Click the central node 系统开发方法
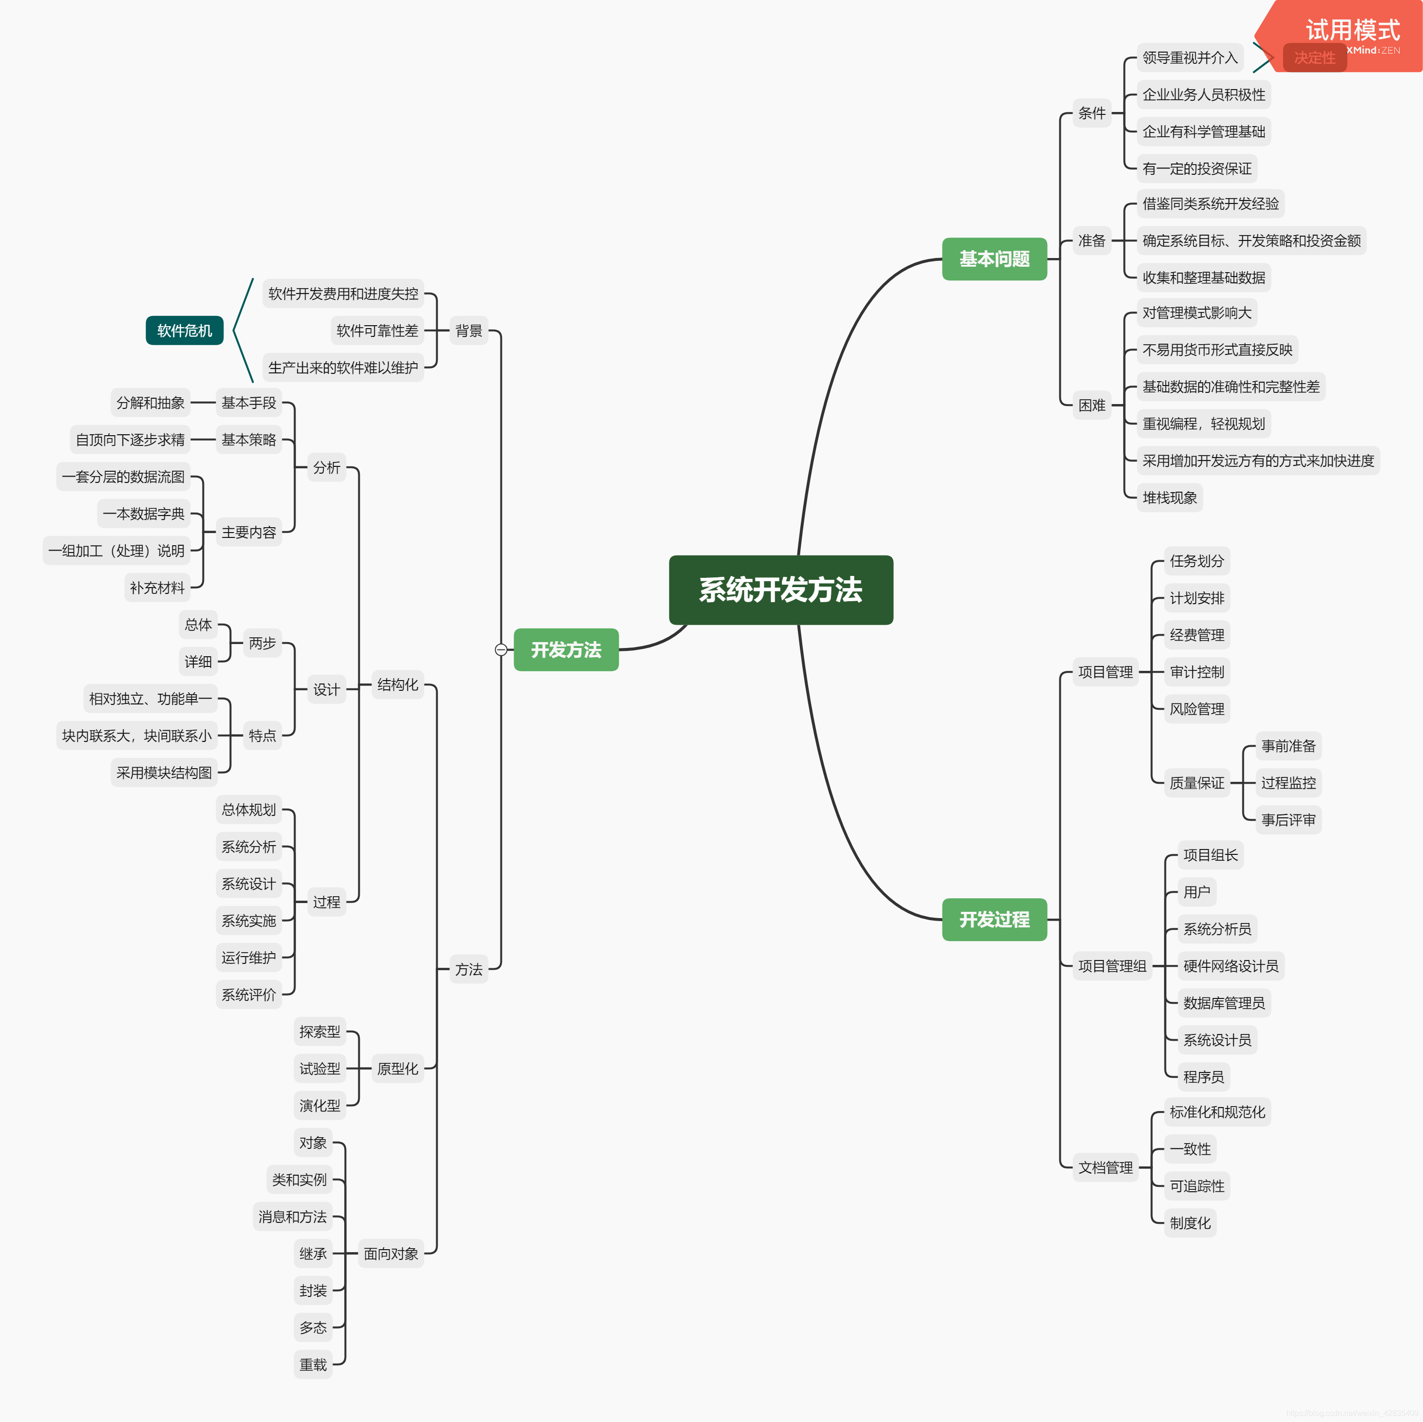(x=781, y=590)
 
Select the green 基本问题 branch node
(x=994, y=259)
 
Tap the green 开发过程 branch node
(x=994, y=919)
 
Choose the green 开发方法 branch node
(x=566, y=649)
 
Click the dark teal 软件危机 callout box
(x=184, y=331)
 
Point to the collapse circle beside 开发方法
(x=501, y=649)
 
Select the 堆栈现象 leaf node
(x=1170, y=498)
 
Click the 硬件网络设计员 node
(x=1231, y=966)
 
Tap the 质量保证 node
(x=1197, y=783)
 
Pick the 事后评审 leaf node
(x=1288, y=820)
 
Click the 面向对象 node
(x=390, y=1254)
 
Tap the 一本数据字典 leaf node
(x=144, y=514)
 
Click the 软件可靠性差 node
(x=377, y=331)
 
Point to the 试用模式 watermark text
(x=1352, y=30)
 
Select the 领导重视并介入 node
(x=1189, y=57)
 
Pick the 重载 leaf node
(x=313, y=1365)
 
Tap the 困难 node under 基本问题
(x=1091, y=405)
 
